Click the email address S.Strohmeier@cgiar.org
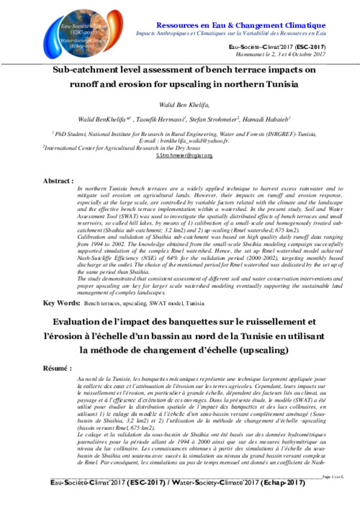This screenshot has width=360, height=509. click(x=180, y=155)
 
